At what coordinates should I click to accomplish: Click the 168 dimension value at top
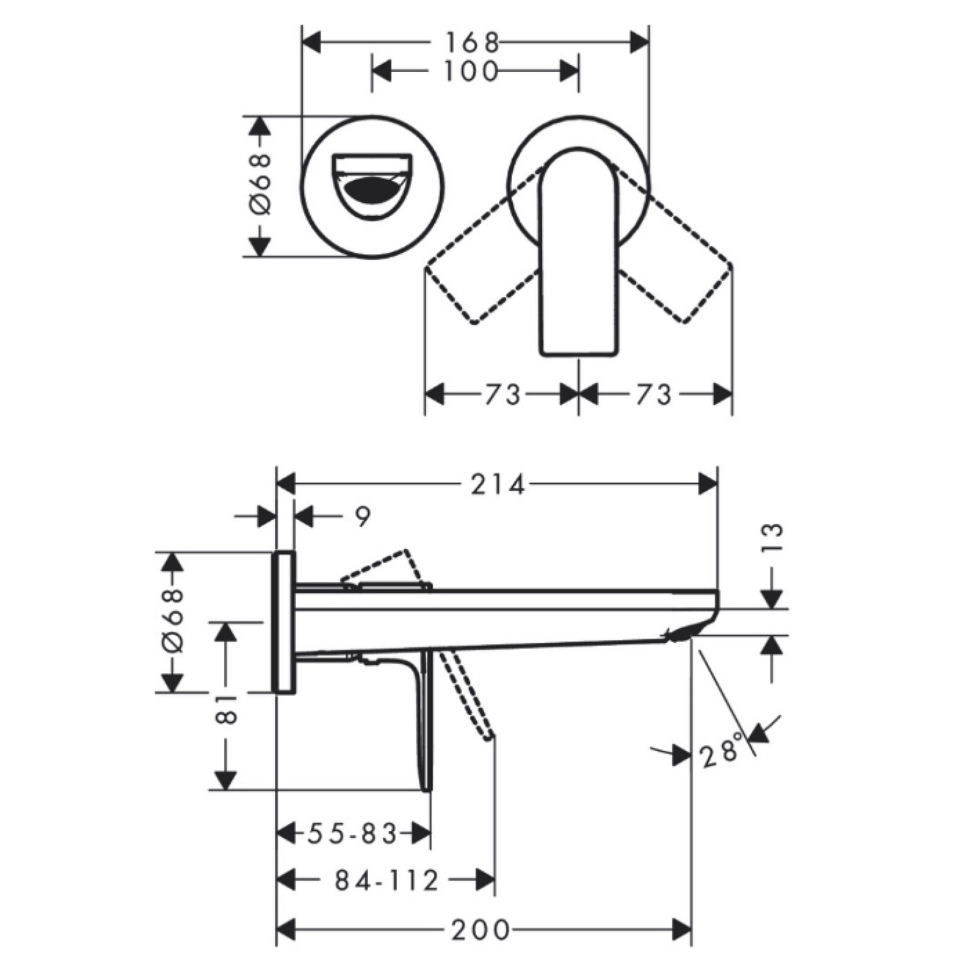coord(473,43)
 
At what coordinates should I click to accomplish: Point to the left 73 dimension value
coord(502,395)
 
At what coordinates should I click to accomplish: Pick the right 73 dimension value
coord(653,395)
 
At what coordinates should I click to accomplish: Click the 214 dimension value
coord(498,485)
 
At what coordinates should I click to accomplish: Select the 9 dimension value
coord(362,517)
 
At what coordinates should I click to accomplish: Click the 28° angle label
coord(721,751)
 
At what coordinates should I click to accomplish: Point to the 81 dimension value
coord(227,709)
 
